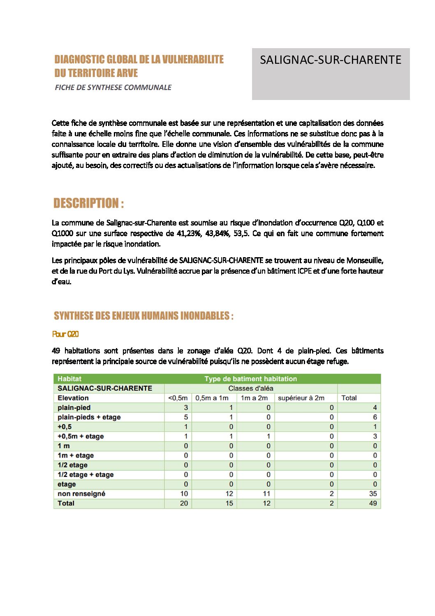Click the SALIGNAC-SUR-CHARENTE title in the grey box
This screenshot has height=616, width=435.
click(x=331, y=60)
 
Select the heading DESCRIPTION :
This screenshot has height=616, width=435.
click(x=88, y=203)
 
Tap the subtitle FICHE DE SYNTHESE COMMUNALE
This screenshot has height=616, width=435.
click(x=113, y=87)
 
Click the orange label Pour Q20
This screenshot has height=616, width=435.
click(x=65, y=335)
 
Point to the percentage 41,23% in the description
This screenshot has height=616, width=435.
click(x=188, y=233)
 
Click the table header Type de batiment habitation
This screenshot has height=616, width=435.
click(x=250, y=379)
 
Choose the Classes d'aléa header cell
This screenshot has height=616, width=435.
click(x=250, y=388)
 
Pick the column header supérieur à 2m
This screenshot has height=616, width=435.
click(x=301, y=398)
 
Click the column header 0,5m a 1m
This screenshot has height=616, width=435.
click(x=212, y=398)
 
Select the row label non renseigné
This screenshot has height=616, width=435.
click(x=81, y=494)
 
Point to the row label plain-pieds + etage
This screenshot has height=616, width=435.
click(x=89, y=417)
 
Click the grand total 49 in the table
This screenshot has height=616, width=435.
click(x=373, y=503)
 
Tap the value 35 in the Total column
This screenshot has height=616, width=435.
click(x=373, y=494)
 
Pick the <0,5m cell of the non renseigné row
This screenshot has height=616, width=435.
click(x=184, y=494)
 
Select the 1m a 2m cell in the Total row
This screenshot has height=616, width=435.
click(x=266, y=503)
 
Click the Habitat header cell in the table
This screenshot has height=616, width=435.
click(x=69, y=379)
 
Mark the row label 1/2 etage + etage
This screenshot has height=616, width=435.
click(x=86, y=475)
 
